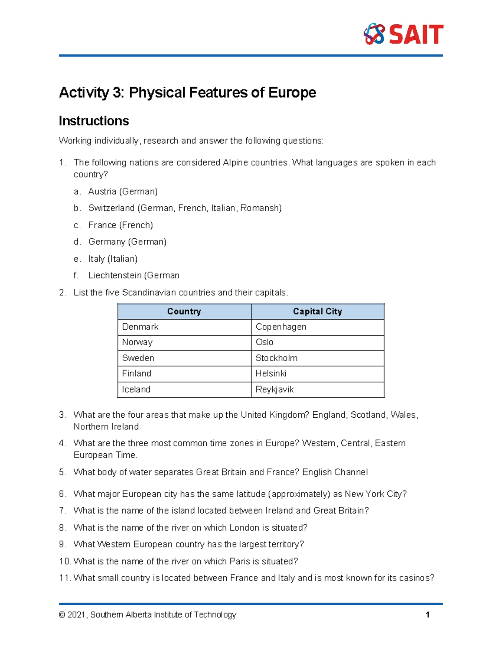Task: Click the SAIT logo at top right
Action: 403,34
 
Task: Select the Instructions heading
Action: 94,121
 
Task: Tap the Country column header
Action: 184,311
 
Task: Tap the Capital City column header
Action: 317,311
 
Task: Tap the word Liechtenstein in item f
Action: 115,275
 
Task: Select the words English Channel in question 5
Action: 335,472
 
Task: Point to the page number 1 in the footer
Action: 428,615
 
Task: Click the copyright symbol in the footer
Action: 62,615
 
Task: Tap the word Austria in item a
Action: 102,192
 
